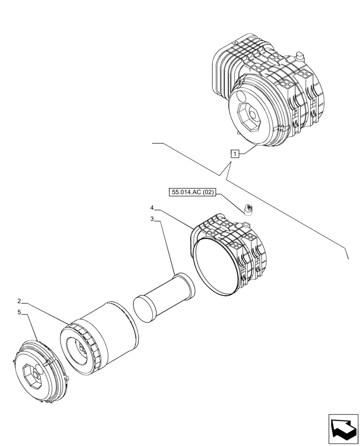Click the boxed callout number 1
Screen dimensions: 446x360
coord(235,154)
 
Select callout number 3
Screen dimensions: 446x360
coord(152,219)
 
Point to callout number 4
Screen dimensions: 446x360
coord(152,208)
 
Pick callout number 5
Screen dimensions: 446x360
coord(20,312)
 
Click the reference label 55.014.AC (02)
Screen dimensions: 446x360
coord(192,193)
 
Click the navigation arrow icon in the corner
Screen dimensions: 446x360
coord(344,429)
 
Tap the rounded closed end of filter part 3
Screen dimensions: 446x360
coord(144,307)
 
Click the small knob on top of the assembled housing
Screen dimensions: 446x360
coord(299,56)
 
